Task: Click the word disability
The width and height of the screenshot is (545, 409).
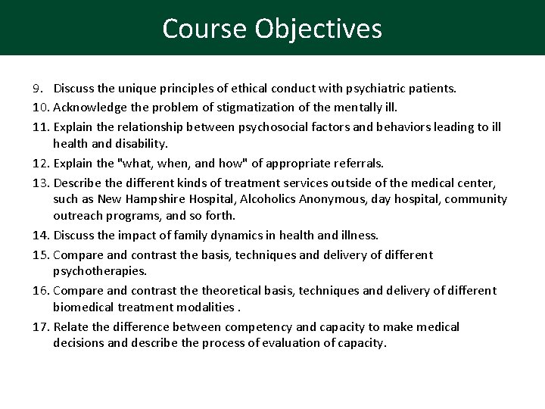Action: pyautogui.click(x=144, y=143)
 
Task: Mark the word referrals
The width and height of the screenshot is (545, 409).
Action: pyautogui.click(x=357, y=162)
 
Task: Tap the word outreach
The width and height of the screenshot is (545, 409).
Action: pyautogui.click(x=76, y=217)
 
